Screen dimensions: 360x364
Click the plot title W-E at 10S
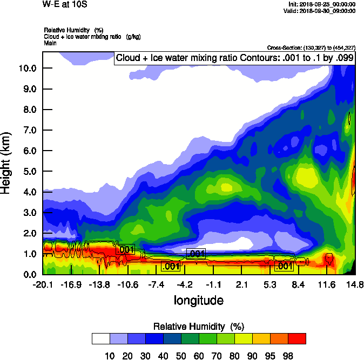pos(64,4)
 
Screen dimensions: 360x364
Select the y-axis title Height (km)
pos(7,162)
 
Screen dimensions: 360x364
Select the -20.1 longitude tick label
pos(43,284)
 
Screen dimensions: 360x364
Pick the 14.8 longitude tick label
pos(354,284)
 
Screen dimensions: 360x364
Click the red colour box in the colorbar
pos(296,338)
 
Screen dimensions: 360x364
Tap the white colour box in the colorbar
pos(101,338)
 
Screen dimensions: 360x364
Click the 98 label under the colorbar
pos(296,355)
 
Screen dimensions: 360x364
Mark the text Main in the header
pos(51,42)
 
